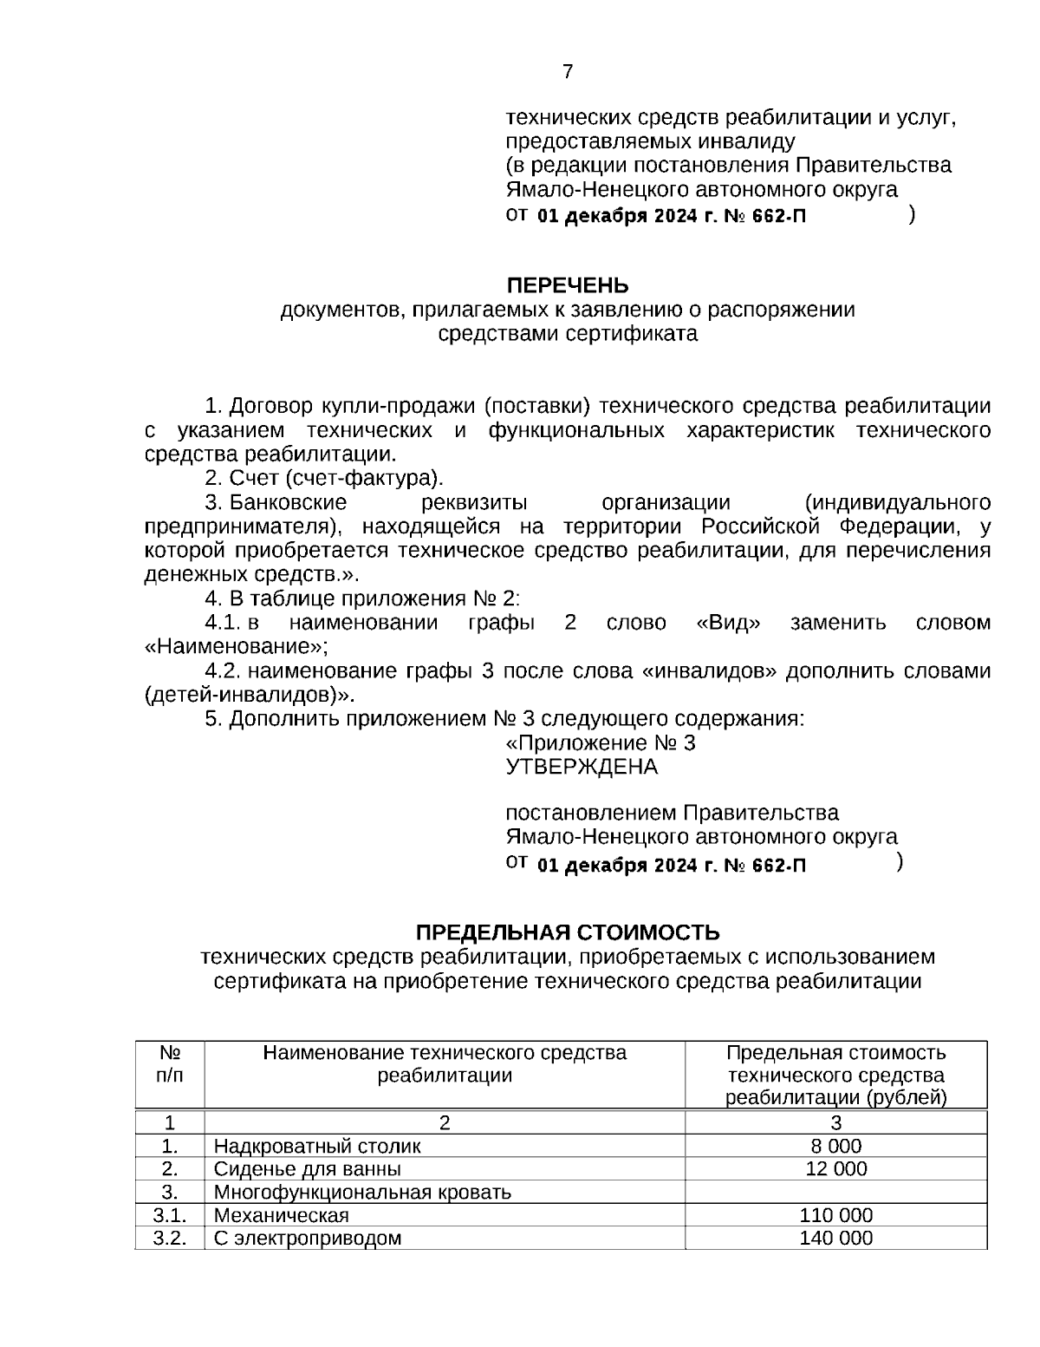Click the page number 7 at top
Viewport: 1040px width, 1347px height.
pyautogui.click(x=568, y=72)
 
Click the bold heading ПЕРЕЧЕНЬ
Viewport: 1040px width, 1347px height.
pyautogui.click(x=568, y=285)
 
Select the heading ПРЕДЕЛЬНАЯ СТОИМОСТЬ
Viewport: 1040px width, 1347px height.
pyautogui.click(x=568, y=932)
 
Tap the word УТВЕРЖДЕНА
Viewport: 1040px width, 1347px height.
pyautogui.click(x=582, y=767)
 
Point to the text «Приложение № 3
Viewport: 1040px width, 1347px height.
pyautogui.click(x=600, y=743)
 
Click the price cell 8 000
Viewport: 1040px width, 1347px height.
pyautogui.click(x=835, y=1146)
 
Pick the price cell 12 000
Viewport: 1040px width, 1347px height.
pyautogui.click(x=835, y=1168)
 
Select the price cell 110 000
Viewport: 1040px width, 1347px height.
pyautogui.click(x=835, y=1215)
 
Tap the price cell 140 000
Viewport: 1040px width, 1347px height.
pyautogui.click(x=835, y=1238)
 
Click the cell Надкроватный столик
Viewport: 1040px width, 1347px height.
pyautogui.click(x=317, y=1146)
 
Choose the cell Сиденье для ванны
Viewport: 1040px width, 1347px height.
pyautogui.click(x=308, y=1168)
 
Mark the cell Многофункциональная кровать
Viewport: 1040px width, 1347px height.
pyautogui.click(x=362, y=1192)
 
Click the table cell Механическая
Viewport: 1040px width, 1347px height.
pyautogui.click(x=282, y=1215)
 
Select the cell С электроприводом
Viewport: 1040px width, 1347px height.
pyautogui.click(x=308, y=1238)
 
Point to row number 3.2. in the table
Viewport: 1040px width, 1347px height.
pyautogui.click(x=170, y=1238)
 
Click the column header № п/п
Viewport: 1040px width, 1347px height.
pyautogui.click(x=170, y=1064)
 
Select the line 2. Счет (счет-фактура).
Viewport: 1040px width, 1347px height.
pyautogui.click(x=324, y=478)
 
